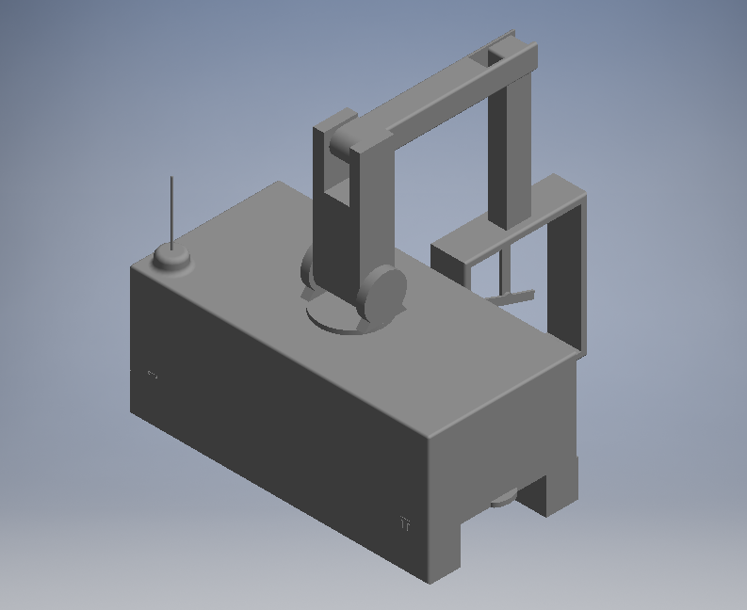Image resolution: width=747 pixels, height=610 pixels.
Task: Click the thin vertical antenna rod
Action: click(171, 209)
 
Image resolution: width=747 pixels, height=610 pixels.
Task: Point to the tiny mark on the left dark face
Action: click(153, 376)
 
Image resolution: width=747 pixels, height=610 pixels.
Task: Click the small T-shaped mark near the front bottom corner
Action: click(406, 522)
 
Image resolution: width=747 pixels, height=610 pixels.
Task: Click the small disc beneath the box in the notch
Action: click(502, 500)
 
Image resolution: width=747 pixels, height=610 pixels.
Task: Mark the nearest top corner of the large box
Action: click(429, 435)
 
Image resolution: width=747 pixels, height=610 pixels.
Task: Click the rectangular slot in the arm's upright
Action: click(337, 193)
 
